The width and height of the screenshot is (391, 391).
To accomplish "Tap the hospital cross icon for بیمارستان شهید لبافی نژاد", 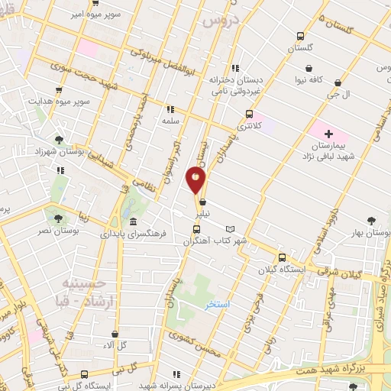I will (x=328, y=134).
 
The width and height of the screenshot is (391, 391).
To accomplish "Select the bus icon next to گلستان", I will (x=301, y=36).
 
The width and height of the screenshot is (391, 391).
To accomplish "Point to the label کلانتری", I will (x=268, y=124).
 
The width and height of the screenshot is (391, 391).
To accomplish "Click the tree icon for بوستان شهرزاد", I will (x=59, y=140).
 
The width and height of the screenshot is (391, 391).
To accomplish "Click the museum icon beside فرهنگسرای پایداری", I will (x=134, y=221).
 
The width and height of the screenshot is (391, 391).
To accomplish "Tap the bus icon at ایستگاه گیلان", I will (x=283, y=257).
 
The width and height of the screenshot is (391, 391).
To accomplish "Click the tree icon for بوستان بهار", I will (x=371, y=219).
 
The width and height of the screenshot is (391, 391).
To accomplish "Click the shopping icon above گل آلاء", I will (x=115, y=334).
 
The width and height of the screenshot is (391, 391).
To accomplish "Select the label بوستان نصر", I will (x=57, y=229).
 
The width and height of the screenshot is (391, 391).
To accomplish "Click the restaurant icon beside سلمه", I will (x=170, y=109).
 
